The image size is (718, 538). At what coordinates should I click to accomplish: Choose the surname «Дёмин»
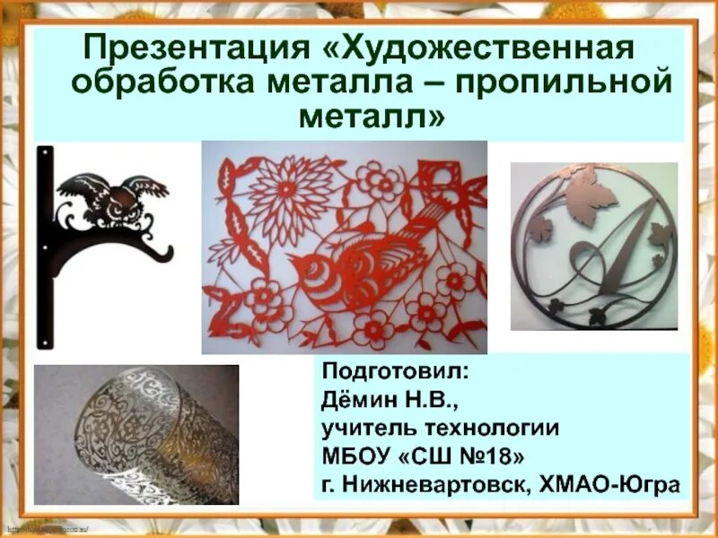(358, 399)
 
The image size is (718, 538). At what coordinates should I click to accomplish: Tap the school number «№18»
(492, 457)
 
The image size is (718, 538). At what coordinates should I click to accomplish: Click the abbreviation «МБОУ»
(355, 457)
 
